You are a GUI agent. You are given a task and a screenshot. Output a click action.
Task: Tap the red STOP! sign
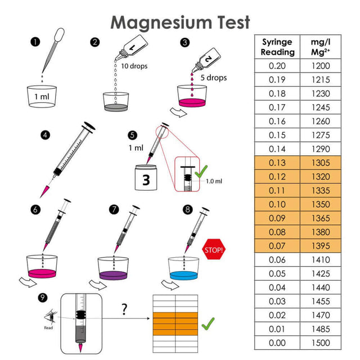point(215,248)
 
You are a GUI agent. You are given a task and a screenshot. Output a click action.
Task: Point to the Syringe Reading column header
point(277,47)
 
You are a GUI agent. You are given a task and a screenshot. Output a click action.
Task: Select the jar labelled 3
point(145,178)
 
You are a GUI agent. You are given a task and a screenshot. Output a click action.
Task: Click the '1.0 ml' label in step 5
point(214,181)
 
